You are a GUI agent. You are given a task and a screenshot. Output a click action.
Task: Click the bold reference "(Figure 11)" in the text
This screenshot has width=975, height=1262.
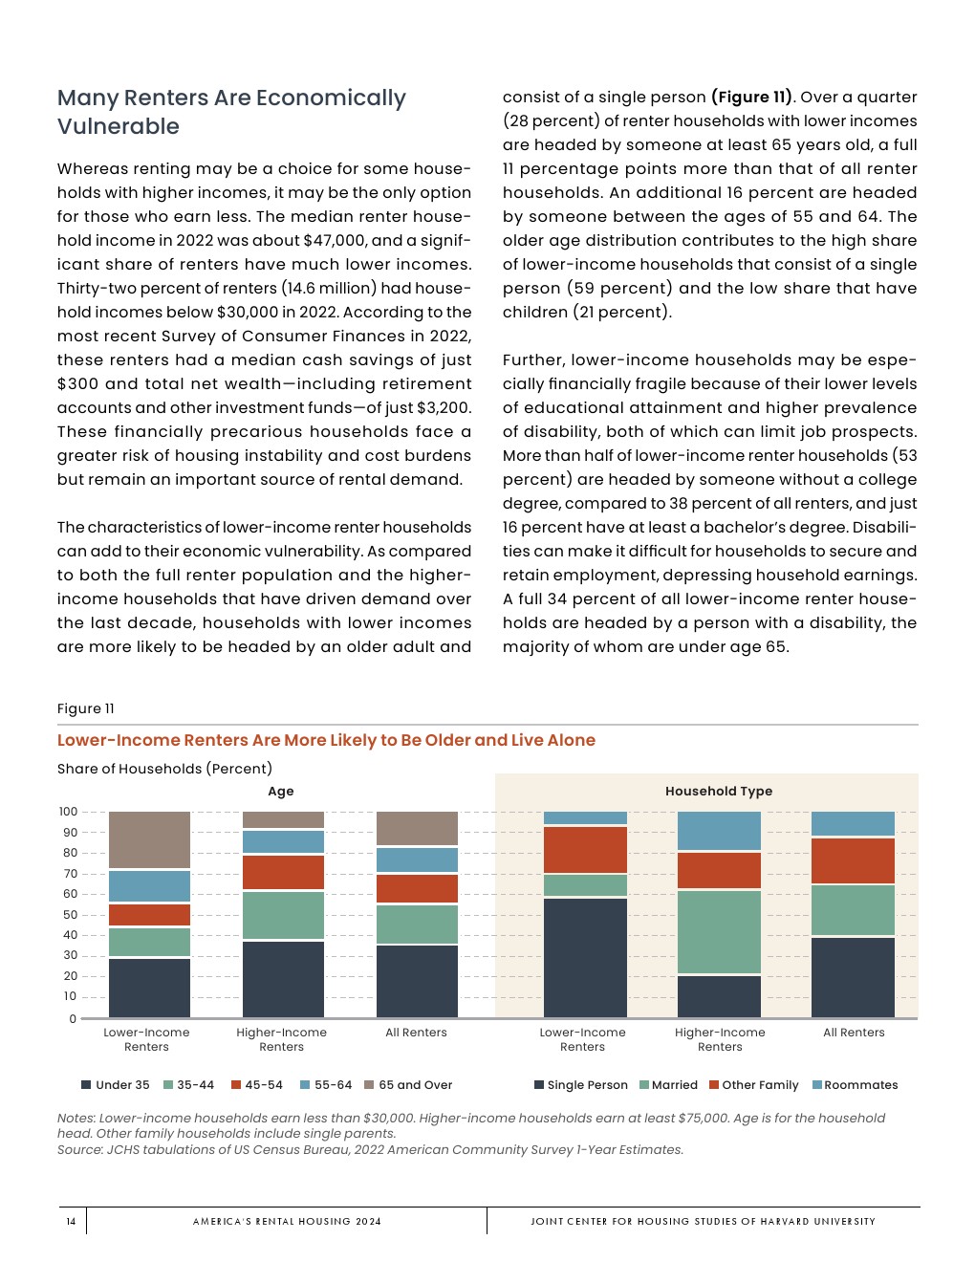(x=751, y=98)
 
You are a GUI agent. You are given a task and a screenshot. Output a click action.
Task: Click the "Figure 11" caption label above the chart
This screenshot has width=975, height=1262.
(x=86, y=708)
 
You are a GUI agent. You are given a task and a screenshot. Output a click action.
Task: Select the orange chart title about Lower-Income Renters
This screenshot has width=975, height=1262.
(x=326, y=740)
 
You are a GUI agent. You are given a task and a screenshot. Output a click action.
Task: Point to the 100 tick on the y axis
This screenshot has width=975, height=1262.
(x=68, y=812)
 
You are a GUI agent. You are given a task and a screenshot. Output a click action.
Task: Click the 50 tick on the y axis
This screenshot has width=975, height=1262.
(x=70, y=915)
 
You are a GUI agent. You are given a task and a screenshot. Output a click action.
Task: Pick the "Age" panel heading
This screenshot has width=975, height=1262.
(x=281, y=792)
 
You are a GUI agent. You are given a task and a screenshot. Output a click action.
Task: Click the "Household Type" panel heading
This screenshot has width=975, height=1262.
(x=719, y=792)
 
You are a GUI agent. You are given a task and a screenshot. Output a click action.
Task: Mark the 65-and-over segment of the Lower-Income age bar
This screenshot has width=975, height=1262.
(x=149, y=839)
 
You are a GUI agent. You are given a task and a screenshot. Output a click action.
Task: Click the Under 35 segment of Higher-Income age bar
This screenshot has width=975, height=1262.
(x=283, y=979)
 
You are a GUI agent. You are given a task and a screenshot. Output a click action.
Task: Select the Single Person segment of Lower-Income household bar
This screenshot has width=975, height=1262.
(x=585, y=957)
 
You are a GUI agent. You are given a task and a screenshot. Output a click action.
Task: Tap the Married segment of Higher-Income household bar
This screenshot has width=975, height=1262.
(x=719, y=932)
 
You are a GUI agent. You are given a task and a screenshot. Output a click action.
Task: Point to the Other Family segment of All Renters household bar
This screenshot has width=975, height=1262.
(x=853, y=860)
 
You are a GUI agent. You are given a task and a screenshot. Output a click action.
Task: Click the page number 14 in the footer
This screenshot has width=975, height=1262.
(x=71, y=1221)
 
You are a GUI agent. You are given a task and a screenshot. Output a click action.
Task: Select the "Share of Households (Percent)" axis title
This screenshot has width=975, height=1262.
(x=164, y=769)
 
